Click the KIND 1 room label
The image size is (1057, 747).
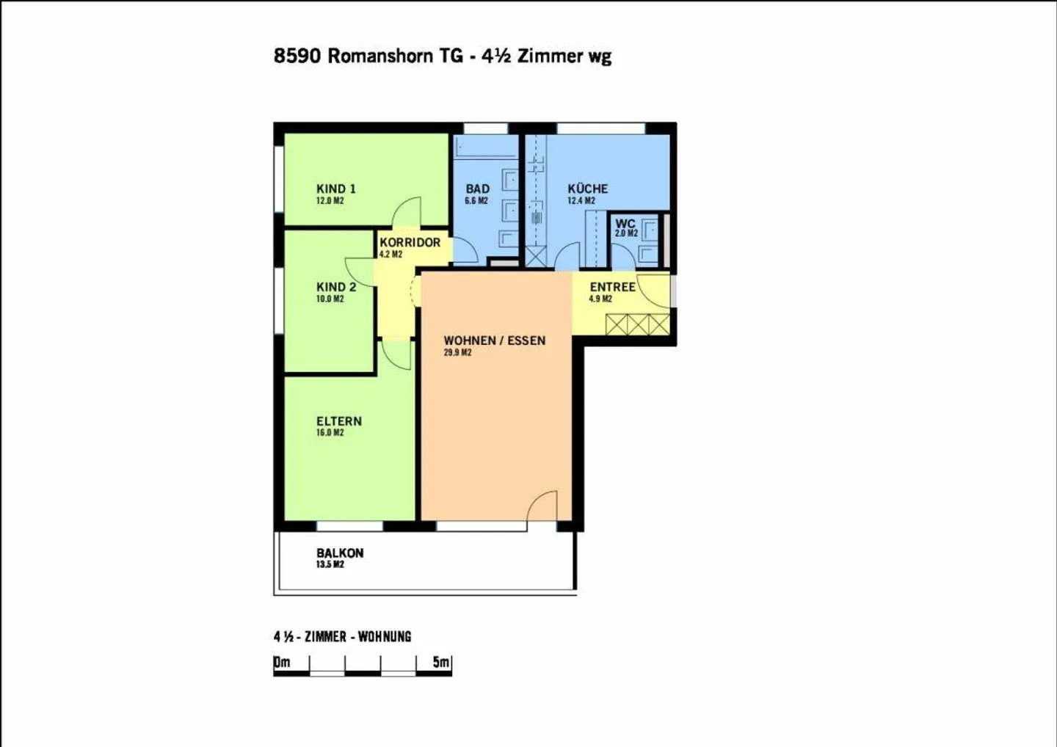[x=335, y=189]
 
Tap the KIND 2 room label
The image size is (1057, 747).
[x=336, y=287]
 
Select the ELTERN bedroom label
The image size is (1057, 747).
[x=338, y=421]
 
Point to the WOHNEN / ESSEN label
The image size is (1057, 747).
[x=494, y=340]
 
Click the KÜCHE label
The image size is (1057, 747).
[x=587, y=189]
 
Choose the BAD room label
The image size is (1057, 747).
[x=477, y=189]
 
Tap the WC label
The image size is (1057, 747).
[x=625, y=224]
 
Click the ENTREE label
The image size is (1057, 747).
[x=612, y=287]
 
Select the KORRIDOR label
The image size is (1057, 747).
[x=410, y=242]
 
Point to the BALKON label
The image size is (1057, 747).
[x=340, y=553]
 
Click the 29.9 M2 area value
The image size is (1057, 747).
[x=457, y=353]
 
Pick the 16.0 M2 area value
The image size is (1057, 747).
[x=330, y=433]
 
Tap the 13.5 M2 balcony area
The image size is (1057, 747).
[x=330, y=564]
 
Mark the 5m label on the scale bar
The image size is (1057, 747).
[x=440, y=662]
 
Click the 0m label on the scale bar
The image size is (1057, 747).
[x=282, y=662]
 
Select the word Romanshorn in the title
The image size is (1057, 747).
[x=380, y=56]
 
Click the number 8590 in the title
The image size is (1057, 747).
[x=297, y=56]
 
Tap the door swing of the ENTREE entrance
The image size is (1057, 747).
[x=653, y=291]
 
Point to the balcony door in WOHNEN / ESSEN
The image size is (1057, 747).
[x=543, y=508]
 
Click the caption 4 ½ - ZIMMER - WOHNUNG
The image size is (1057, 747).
[x=342, y=636]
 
